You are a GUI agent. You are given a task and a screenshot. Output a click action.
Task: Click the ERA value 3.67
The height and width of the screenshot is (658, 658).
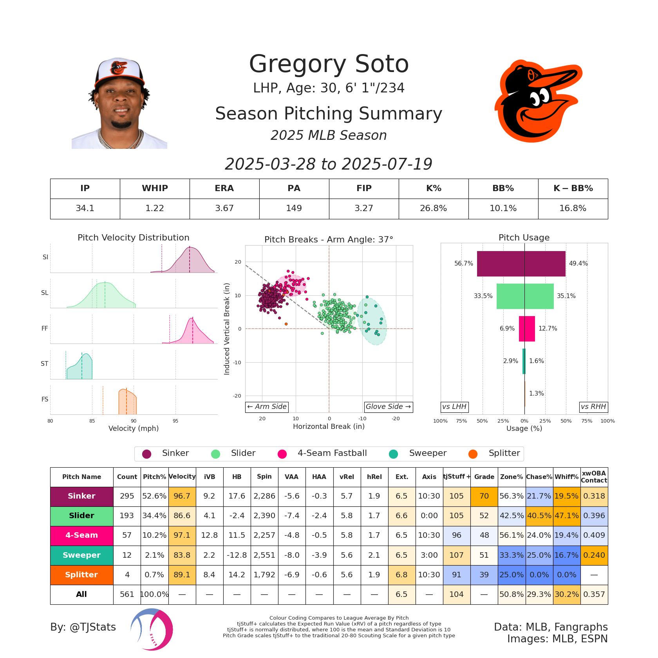(224, 208)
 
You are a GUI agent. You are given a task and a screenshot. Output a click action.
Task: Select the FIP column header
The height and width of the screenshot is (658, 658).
(364, 188)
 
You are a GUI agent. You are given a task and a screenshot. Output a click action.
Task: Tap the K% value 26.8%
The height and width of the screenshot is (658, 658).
(433, 208)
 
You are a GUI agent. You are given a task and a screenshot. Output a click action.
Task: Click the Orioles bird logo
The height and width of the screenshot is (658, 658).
(538, 101)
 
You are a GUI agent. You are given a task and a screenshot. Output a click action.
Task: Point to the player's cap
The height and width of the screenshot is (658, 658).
(119, 72)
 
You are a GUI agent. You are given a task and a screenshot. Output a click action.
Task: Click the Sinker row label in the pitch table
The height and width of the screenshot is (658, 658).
(81, 496)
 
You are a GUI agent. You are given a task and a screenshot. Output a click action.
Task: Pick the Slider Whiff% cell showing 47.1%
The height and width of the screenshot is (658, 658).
(566, 516)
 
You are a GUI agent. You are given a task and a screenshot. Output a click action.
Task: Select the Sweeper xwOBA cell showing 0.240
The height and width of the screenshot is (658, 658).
(594, 555)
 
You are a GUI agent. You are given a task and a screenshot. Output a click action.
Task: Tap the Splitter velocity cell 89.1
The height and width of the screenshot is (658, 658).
(182, 575)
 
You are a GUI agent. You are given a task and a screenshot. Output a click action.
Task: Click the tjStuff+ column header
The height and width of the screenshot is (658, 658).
(456, 477)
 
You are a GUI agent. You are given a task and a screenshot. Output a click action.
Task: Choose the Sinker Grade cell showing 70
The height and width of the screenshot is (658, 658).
(484, 496)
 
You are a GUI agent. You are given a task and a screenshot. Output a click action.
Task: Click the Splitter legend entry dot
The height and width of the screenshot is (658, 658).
(473, 454)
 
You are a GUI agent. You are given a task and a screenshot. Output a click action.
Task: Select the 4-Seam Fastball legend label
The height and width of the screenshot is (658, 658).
(332, 453)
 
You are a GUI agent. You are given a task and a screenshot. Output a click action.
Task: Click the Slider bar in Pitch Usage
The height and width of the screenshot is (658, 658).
(525, 296)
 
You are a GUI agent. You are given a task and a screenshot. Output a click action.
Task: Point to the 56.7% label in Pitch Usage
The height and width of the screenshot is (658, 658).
(464, 264)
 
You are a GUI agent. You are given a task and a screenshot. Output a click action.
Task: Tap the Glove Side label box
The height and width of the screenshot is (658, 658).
(388, 407)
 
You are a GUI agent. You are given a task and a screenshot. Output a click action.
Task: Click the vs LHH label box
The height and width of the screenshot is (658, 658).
(454, 407)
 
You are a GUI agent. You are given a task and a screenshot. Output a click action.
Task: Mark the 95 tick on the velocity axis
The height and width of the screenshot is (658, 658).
(175, 421)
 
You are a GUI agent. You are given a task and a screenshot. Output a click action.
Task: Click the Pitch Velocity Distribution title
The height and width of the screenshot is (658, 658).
(133, 238)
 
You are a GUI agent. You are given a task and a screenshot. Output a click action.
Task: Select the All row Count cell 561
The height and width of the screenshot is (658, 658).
(127, 595)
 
